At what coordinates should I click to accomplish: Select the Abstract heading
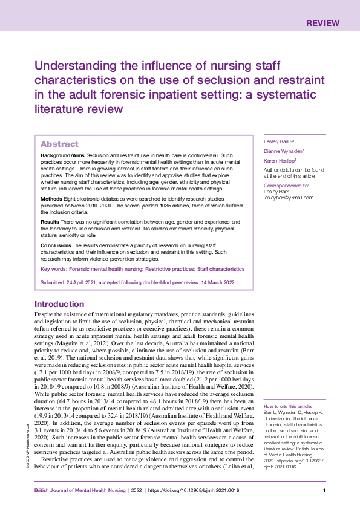pos(59,144)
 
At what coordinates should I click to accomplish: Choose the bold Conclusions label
pos(56,245)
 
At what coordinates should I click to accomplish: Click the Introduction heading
pos(68,304)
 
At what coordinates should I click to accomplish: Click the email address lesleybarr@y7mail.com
pos(288,197)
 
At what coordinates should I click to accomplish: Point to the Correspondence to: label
pos(286,186)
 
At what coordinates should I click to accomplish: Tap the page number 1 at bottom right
pos(325,491)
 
